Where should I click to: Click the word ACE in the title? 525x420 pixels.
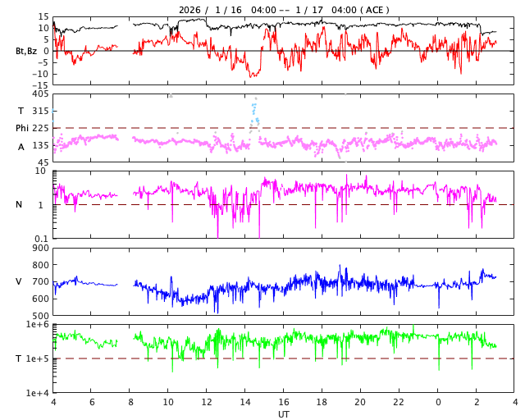[373, 10]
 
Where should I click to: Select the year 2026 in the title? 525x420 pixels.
[190, 10]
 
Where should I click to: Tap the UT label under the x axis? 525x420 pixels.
[284, 414]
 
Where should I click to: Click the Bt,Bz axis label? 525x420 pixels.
[26, 51]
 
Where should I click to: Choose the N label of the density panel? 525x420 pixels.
[19, 204]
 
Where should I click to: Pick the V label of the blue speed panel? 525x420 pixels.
[19, 281]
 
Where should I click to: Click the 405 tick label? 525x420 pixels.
[40, 94]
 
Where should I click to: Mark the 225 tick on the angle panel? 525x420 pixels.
[40, 128]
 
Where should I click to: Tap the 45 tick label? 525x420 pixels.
[43, 162]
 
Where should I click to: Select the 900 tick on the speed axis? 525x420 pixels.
[40, 248]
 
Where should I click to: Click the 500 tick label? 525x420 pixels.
[40, 316]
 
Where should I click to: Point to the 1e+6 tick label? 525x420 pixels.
[37, 325]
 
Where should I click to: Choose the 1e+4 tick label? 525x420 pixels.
[37, 393]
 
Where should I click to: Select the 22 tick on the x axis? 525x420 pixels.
[399, 403]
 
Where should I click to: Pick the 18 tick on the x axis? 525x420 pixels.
[322, 403]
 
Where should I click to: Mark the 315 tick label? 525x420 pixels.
[40, 111]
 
